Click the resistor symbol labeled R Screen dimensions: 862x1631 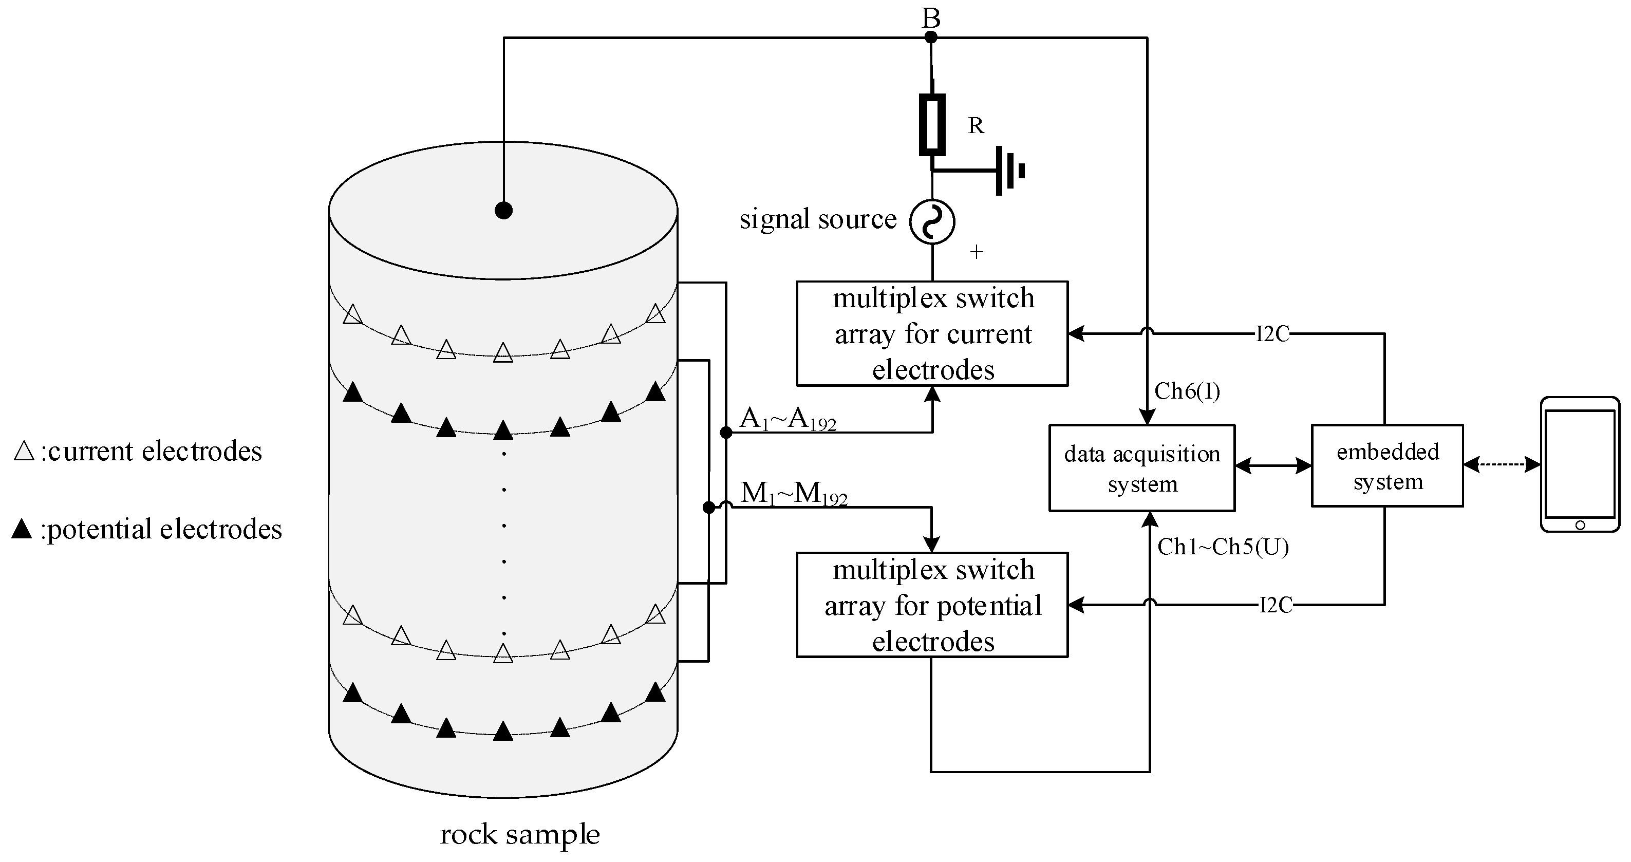tap(932, 125)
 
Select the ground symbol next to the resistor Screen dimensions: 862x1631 tap(1009, 171)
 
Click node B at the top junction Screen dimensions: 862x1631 tap(931, 38)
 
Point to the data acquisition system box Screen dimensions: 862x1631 tap(1141, 468)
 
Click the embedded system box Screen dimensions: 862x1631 tap(1386, 465)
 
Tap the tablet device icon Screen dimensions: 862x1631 tap(1579, 464)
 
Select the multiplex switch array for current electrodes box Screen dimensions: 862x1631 tap(932, 334)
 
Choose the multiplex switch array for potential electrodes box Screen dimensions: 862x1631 tap(932, 605)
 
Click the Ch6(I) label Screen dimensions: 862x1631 tap(1187, 391)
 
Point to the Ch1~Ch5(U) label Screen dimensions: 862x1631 tap(1223, 547)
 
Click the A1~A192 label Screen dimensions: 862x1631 tap(788, 419)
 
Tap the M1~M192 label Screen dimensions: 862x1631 tap(793, 493)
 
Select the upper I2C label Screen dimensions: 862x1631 tap(1272, 334)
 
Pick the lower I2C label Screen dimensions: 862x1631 tap(1275, 605)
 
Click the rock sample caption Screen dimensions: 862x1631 tap(519, 834)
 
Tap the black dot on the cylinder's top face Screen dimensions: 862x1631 tap(503, 210)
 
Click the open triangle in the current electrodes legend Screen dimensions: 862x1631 tap(24, 452)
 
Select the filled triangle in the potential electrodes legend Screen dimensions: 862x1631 tap(22, 529)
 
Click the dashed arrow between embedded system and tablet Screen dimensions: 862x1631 tap(1501, 465)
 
